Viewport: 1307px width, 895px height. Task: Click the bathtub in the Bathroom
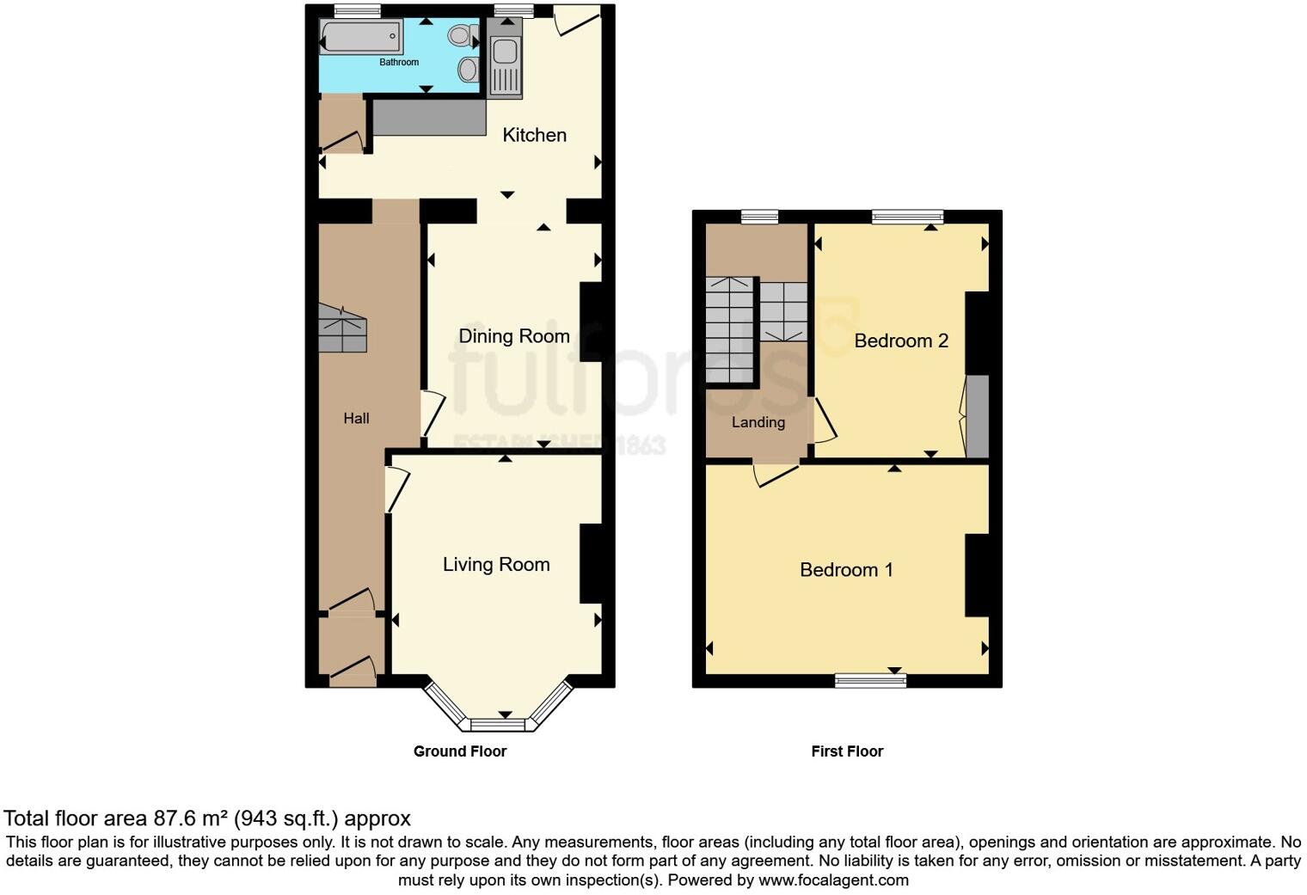[x=361, y=37]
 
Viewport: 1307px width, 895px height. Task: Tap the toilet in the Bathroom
[x=463, y=36]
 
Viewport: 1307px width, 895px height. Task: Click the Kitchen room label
[x=534, y=135]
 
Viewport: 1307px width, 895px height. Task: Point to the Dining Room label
[x=513, y=336]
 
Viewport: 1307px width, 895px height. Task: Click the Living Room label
[x=496, y=565]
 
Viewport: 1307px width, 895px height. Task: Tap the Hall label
[x=356, y=419]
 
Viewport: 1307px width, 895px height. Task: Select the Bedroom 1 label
[x=846, y=570]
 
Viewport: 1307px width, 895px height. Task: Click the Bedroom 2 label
[x=901, y=341]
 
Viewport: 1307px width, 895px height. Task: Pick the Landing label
[x=758, y=422]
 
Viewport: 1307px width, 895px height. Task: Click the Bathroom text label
[x=399, y=63]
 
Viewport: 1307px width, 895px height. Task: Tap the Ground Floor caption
[x=460, y=751]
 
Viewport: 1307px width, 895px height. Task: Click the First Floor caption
[x=847, y=751]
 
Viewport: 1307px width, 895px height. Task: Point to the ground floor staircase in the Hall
[x=342, y=328]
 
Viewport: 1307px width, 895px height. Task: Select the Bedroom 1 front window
[x=870, y=681]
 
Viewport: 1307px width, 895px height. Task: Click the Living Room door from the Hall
[x=396, y=489]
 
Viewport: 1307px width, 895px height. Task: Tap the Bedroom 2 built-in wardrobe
[x=977, y=416]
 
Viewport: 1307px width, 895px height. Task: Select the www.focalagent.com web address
[x=833, y=880]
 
